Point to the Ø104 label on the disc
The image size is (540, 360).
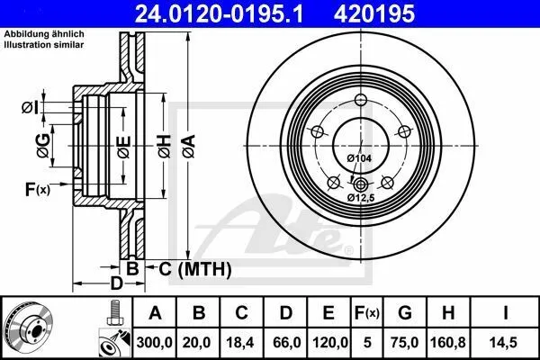pos(358,158)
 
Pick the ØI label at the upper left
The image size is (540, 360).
pos(29,108)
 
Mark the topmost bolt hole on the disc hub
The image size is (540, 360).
pos(361,101)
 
